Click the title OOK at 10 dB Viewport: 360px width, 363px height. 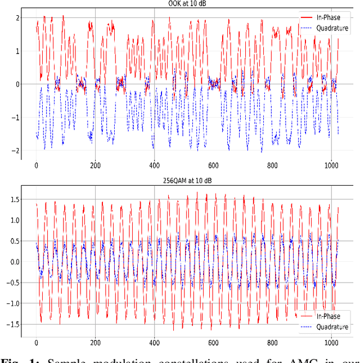pyautogui.click(x=188, y=5)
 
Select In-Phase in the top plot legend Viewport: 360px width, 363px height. pyautogui.click(x=328, y=17)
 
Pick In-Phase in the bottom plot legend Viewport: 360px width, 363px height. pyautogui.click(x=328, y=316)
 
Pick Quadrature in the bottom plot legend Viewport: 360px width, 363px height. pyautogui.click(x=332, y=326)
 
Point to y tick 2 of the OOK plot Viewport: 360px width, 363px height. pyautogui.click(x=18, y=18)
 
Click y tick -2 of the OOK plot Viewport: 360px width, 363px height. pyautogui.click(x=16, y=151)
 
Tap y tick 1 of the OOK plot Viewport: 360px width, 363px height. pyautogui.click(x=18, y=51)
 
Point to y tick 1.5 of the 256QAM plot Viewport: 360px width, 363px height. pyautogui.click(x=15, y=199)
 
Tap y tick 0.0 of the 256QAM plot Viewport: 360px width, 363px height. pyautogui.click(x=15, y=262)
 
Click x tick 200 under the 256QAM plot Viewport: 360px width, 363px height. pyautogui.click(x=95, y=343)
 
